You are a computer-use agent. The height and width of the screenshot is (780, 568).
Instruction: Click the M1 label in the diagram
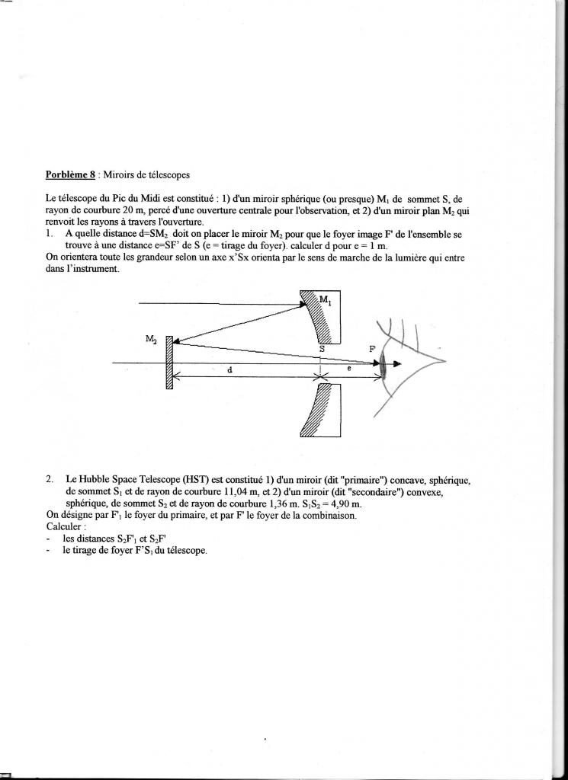tap(326, 301)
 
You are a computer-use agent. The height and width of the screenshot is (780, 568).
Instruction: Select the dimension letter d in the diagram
tap(230, 369)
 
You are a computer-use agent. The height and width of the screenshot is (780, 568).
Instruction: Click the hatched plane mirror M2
tap(169, 363)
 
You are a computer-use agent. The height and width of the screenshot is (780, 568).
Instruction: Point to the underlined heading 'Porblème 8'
tap(71, 174)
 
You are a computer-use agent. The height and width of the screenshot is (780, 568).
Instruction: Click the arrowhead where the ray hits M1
tap(302, 307)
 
